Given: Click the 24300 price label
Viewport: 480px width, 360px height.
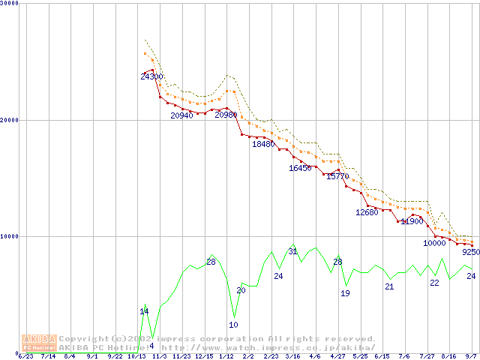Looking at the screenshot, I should click(151, 76).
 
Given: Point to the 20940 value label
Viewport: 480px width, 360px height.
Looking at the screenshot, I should click(181, 115).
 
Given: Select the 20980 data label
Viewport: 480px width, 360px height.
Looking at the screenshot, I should click(226, 115).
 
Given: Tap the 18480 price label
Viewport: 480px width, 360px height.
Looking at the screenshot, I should click(263, 144).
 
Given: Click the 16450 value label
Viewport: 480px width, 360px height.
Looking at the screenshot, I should click(300, 168).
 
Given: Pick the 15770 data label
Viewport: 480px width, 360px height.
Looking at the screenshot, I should click(337, 176).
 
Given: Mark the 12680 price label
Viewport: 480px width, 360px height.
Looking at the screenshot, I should click(367, 212).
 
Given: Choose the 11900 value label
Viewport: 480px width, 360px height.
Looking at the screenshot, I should click(412, 221).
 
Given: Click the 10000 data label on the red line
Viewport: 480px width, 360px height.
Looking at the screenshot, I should click(434, 242).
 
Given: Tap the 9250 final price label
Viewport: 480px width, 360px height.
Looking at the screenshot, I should click(471, 253).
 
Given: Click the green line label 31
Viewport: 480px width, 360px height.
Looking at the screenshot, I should click(292, 251).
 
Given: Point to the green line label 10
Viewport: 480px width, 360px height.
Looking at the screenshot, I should click(233, 325).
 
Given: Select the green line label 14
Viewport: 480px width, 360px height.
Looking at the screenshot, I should click(144, 311).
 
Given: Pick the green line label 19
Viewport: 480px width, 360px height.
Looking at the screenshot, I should click(345, 293).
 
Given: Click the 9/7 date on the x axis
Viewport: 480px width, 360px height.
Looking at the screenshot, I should click(471, 356).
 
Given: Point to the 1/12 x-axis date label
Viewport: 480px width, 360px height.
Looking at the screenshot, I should click(226, 356).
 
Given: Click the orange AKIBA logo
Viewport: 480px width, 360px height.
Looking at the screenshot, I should click(39, 343).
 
